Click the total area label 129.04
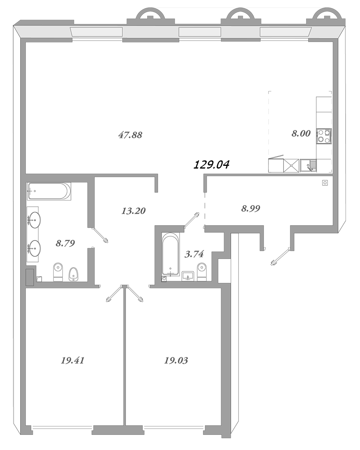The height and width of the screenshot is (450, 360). coord(212,165)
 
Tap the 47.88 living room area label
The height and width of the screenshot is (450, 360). coord(130,135)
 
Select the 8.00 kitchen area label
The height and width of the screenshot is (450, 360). coord(301,134)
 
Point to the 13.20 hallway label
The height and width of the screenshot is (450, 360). coord(133,211)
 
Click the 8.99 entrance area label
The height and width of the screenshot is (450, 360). coord(251,209)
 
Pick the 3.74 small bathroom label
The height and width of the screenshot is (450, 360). coord(194,254)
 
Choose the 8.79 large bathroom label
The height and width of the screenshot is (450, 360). coord(65,243)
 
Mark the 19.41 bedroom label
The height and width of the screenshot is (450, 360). coord(72,360)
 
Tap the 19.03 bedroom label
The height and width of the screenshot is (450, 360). coord(176,360)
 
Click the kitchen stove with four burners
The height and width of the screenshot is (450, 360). coord(324,136)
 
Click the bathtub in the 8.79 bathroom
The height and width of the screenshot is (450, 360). coord(49,191)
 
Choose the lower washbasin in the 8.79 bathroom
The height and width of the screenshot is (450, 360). coord(34,248)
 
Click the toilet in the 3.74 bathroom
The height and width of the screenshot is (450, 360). coord(201,271)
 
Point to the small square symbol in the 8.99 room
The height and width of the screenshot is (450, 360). coord(325,183)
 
